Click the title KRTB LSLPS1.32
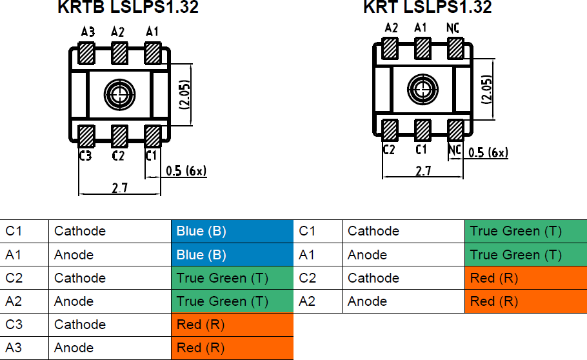point(128,8)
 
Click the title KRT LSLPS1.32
point(427,8)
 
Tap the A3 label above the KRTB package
point(88,32)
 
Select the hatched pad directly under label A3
point(86,53)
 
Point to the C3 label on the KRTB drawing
point(85,155)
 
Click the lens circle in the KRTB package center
point(119,94)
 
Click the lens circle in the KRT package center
point(423,88)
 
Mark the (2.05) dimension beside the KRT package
point(487,90)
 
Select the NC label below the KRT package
point(455,150)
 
